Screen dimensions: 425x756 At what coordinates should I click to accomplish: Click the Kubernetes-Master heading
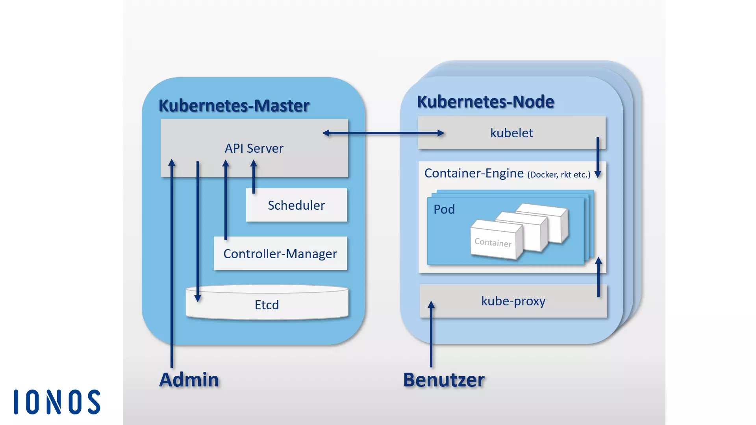[234, 105]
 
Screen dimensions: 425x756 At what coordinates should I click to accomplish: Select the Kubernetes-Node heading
[485, 102]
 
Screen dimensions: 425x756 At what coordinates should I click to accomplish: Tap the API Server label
[254, 148]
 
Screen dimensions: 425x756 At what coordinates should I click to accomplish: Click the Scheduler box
[296, 205]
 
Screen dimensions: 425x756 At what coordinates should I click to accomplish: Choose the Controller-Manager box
[280, 253]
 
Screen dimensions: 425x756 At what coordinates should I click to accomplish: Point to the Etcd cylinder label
[267, 305]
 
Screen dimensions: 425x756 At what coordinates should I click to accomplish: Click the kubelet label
[511, 133]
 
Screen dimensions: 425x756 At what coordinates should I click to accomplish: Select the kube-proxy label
[513, 301]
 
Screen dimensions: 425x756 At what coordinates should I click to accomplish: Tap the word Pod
[444, 209]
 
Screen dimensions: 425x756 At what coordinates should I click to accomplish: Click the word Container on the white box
[493, 242]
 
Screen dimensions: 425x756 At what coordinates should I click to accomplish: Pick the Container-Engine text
[474, 173]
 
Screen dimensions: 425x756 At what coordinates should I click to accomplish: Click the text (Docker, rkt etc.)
[559, 175]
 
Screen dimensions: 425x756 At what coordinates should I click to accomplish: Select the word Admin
[189, 380]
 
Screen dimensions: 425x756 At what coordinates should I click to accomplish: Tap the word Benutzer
[444, 380]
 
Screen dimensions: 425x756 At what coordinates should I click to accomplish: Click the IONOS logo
[57, 402]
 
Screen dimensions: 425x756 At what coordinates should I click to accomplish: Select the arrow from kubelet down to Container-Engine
[597, 157]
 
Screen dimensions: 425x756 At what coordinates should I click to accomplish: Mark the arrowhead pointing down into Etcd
[198, 298]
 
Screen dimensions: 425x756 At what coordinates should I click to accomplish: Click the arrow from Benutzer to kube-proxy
[431, 334]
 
